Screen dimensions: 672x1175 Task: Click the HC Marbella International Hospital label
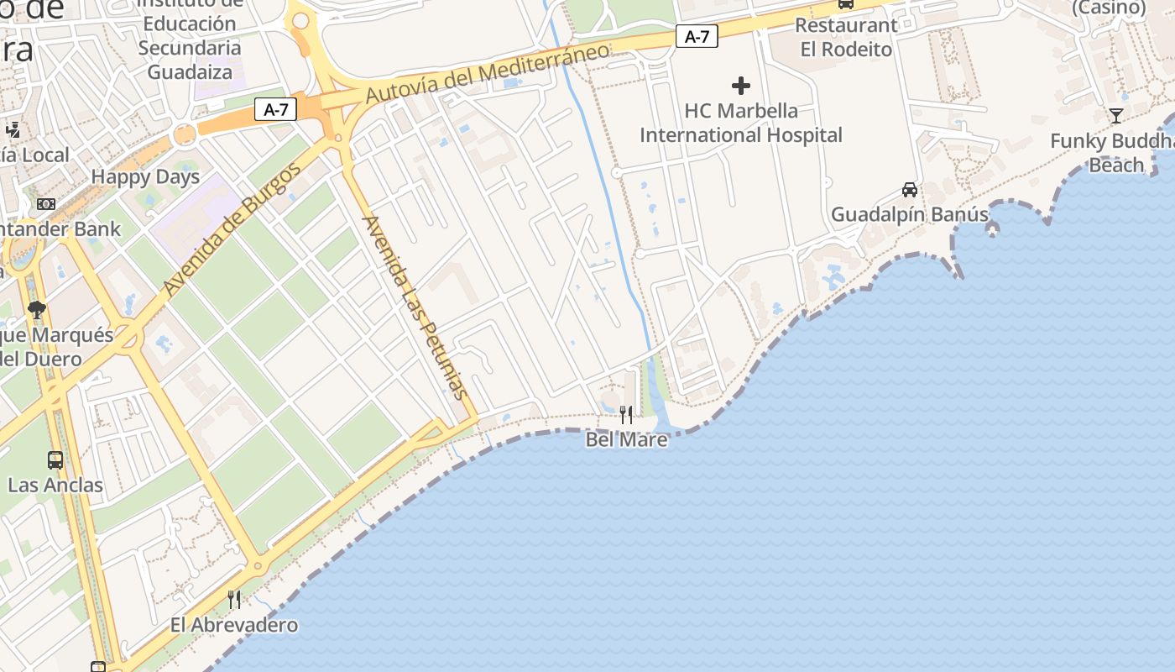coord(741,123)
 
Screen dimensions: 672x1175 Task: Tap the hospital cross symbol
coord(741,85)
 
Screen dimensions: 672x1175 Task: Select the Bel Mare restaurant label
coord(626,439)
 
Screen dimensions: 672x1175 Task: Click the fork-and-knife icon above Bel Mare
coord(626,415)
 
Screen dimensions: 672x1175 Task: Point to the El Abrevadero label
coord(234,625)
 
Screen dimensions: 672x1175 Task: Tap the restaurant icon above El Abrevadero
coord(234,600)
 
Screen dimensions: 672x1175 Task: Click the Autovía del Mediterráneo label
coord(488,73)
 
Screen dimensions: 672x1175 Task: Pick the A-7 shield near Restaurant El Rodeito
coord(697,36)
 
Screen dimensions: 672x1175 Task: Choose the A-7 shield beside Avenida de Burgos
coord(275,109)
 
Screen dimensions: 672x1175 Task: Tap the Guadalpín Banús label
coord(910,214)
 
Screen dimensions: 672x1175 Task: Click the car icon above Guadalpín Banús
coord(910,189)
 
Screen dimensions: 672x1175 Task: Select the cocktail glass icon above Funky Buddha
coord(1115,116)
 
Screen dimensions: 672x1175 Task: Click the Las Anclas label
coord(55,485)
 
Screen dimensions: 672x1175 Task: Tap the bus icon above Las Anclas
coord(55,460)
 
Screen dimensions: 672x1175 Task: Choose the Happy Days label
coord(145,176)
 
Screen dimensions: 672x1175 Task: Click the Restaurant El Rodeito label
coord(846,37)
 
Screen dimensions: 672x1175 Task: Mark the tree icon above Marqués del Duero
coord(36,310)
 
